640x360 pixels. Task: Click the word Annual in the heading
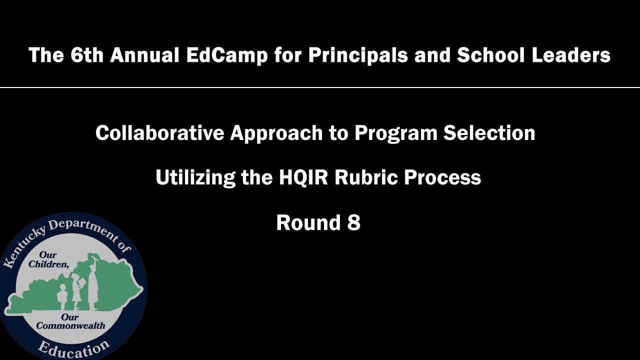(144, 55)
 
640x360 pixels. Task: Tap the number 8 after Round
(353, 222)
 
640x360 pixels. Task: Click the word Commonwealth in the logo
(70, 325)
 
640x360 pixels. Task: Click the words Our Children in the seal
(48, 259)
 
